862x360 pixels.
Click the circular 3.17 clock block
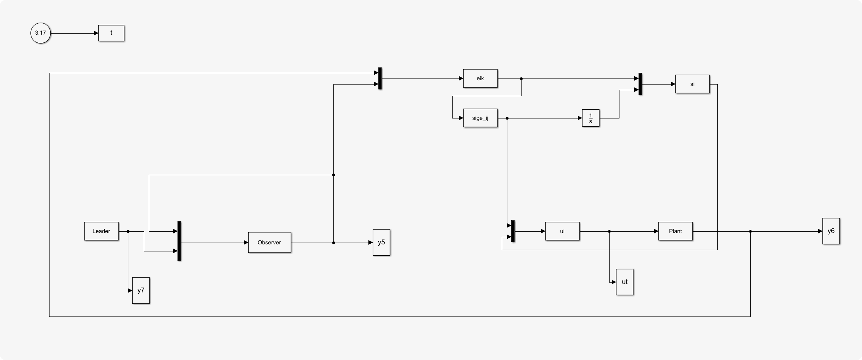click(x=41, y=33)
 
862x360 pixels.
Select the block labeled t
click(x=111, y=33)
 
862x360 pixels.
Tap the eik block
click(x=480, y=79)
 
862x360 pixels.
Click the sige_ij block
click(x=480, y=118)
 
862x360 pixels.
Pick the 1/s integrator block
click(x=590, y=118)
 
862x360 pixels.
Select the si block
click(x=692, y=84)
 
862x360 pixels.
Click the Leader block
click(x=101, y=231)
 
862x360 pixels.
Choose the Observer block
click(x=269, y=243)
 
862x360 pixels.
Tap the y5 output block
click(x=381, y=243)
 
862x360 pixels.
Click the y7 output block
click(x=141, y=291)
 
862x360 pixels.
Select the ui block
click(x=562, y=231)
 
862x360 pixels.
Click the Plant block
click(x=675, y=231)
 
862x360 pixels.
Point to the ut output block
click(x=624, y=282)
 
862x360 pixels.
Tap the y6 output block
click(x=831, y=231)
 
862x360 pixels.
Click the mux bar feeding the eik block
click(x=380, y=79)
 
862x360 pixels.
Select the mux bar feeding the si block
click(x=640, y=84)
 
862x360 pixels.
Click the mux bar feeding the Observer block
click(x=179, y=241)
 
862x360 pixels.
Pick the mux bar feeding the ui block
click(x=513, y=231)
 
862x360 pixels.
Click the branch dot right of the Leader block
click(x=128, y=231)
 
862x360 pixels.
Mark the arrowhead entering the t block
click(x=96, y=33)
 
